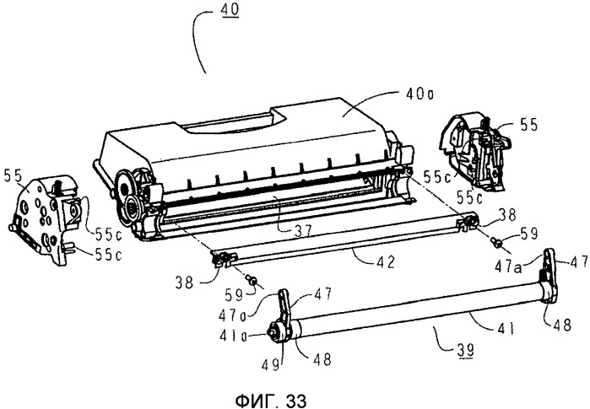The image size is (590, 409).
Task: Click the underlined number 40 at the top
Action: tap(230, 8)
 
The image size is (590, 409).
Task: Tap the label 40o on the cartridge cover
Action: tap(419, 94)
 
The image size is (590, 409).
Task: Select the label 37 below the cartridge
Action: tap(302, 229)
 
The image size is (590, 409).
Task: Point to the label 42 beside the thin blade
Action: tap(385, 261)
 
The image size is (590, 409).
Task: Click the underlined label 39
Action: tap(464, 351)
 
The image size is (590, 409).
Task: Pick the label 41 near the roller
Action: tap(504, 329)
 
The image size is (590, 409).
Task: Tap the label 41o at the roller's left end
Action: tap(233, 336)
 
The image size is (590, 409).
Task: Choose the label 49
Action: tap(271, 364)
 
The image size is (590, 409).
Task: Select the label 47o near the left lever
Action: tap(232, 315)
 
